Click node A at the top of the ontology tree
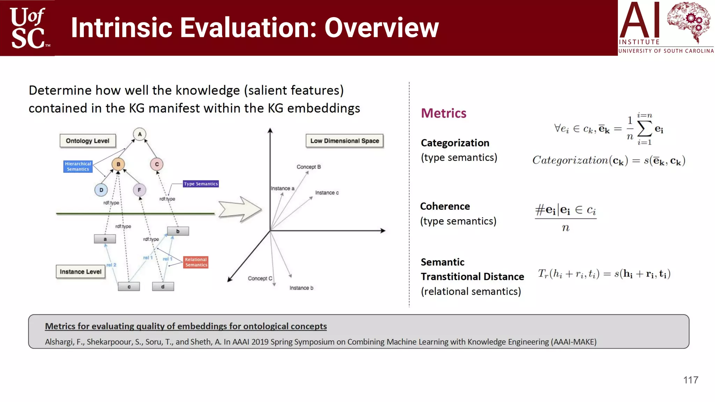pos(140,134)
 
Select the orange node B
pos(118,164)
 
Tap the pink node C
pos(157,164)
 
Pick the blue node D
pos(101,190)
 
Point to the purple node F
pos(139,190)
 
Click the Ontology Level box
pos(88,141)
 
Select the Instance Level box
pos(81,271)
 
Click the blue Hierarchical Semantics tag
pos(78,166)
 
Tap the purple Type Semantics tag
pos(201,184)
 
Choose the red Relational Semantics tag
pos(196,262)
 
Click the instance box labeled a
pos(105,239)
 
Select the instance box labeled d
pos(163,286)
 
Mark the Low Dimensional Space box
pos(345,141)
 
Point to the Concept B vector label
pos(309,167)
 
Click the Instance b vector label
pos(301,288)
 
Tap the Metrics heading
pos(443,113)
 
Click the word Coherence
pos(445,206)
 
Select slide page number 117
pos(691,380)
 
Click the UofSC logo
pos(28,28)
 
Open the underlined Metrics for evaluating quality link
pos(186,326)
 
